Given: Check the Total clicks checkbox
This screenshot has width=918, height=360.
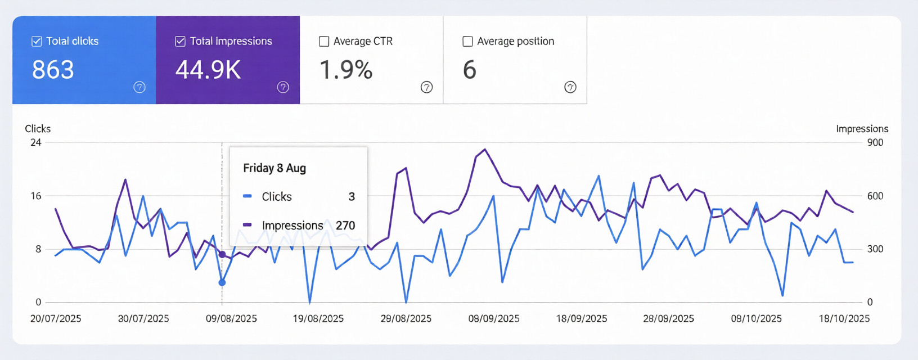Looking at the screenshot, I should point(37,41).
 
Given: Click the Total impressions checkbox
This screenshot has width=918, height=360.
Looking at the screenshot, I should point(181,41).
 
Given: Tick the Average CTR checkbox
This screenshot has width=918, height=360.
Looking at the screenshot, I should point(324,41).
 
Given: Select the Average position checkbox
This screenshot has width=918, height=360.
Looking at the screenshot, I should point(467,41).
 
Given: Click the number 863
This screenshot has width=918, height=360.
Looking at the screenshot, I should point(53,70).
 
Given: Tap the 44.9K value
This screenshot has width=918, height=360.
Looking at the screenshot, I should point(208,70).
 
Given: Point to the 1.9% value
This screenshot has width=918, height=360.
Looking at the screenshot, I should point(346,70).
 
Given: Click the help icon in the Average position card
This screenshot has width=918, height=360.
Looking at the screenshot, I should point(570,87).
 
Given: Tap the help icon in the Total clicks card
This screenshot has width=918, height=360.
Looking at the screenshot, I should point(139,87).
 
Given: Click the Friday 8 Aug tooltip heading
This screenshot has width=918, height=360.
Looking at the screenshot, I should point(274,168).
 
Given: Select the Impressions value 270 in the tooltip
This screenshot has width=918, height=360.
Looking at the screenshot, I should point(345,226).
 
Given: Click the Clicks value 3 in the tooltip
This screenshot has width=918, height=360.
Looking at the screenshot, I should point(352,197).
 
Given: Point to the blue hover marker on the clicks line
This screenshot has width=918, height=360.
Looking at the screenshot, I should point(222,282).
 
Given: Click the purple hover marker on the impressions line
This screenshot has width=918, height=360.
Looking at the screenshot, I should point(222,255).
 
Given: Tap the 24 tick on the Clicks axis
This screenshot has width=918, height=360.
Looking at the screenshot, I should point(36,142).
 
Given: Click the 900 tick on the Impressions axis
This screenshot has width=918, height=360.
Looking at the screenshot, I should point(875,142).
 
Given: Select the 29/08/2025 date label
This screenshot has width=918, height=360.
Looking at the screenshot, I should point(406,318).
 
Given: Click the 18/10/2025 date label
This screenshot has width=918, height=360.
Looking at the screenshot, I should point(844,318).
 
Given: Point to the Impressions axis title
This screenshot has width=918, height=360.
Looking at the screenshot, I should point(862,129).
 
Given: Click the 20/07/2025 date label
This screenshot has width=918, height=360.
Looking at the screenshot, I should point(56,318).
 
